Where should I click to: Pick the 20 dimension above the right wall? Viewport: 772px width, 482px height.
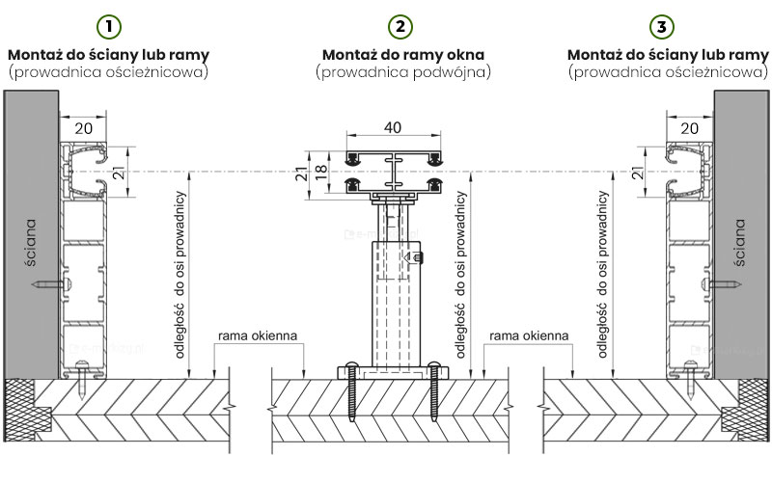(689, 126)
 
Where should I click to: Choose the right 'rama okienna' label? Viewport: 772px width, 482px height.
(527, 335)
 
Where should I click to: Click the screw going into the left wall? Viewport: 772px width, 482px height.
(50, 284)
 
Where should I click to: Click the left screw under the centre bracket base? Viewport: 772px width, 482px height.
(354, 390)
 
